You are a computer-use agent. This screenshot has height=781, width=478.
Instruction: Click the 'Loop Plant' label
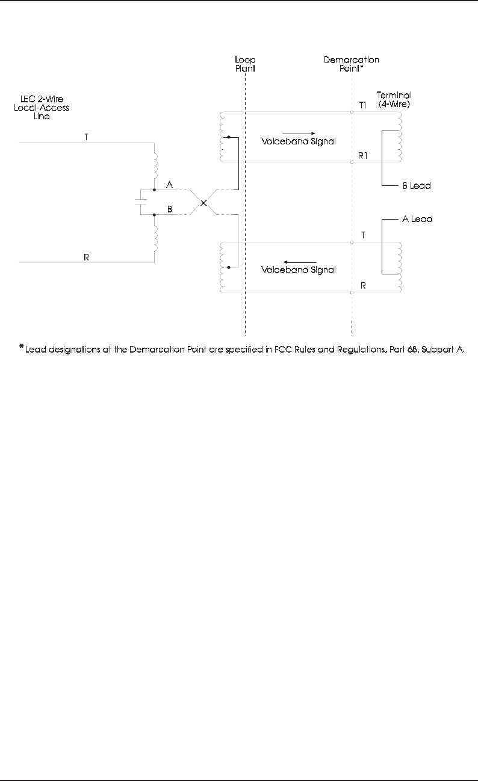point(245,64)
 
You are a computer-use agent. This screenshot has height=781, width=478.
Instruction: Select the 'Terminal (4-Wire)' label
point(394,99)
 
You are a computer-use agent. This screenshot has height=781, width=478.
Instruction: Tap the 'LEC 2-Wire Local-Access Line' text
point(42,108)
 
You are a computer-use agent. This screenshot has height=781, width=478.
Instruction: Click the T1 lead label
point(362,105)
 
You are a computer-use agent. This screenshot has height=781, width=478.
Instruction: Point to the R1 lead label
point(362,155)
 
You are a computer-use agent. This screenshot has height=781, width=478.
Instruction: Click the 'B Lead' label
point(416,186)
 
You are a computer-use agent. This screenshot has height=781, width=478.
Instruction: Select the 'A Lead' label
point(417,220)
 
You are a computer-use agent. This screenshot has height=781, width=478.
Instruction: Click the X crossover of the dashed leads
point(203,203)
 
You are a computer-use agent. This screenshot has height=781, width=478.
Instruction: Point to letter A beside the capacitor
point(170,184)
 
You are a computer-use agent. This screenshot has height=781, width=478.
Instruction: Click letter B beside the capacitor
point(170,209)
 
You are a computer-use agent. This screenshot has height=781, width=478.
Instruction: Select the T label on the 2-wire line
point(87,137)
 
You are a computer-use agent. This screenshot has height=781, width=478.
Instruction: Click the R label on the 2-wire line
point(87,257)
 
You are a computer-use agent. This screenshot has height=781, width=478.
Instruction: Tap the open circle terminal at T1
point(352,111)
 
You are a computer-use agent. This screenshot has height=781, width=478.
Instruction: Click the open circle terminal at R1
point(352,162)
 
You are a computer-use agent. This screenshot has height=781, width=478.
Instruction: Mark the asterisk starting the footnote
point(21,347)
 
